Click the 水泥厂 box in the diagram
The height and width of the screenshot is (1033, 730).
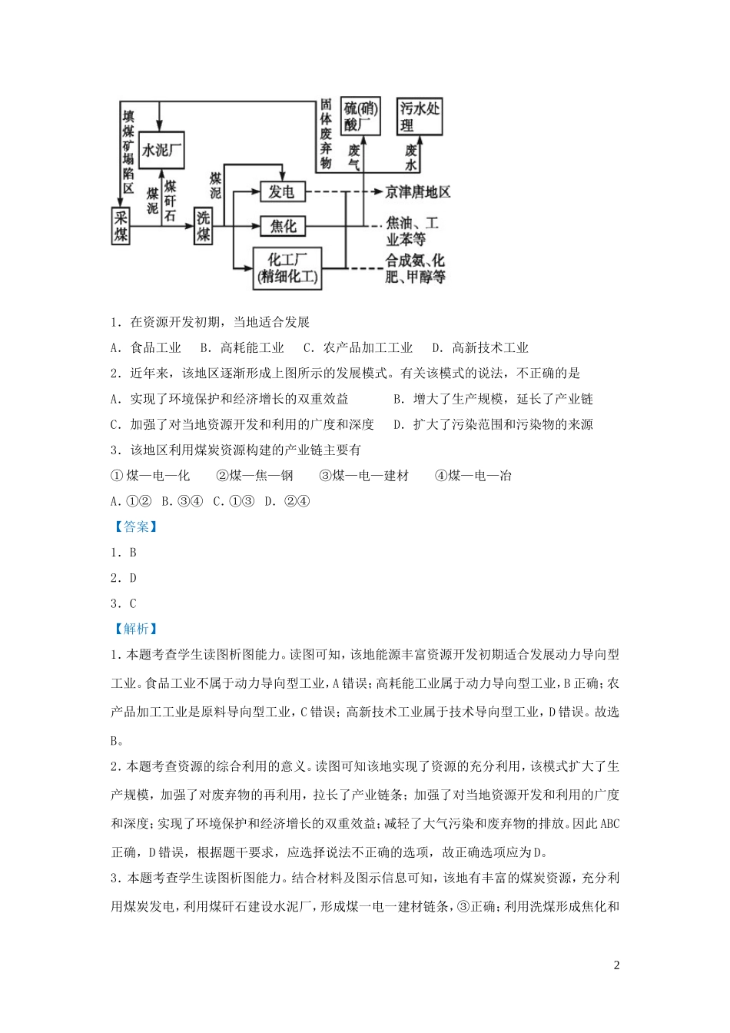click(163, 150)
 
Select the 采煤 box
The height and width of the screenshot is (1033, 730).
click(121, 225)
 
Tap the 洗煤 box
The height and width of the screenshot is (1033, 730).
click(203, 226)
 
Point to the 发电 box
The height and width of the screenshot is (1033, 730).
click(282, 191)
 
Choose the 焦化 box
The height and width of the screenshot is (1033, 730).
click(282, 226)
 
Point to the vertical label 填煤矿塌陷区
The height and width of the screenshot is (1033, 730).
click(128, 153)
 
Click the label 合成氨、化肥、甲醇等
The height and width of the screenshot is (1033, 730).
click(416, 268)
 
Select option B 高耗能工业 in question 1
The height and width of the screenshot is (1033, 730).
click(242, 347)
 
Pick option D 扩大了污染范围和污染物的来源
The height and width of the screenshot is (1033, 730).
click(493, 423)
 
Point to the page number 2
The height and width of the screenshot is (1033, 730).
click(616, 965)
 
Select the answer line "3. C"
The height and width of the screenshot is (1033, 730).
click(124, 603)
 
